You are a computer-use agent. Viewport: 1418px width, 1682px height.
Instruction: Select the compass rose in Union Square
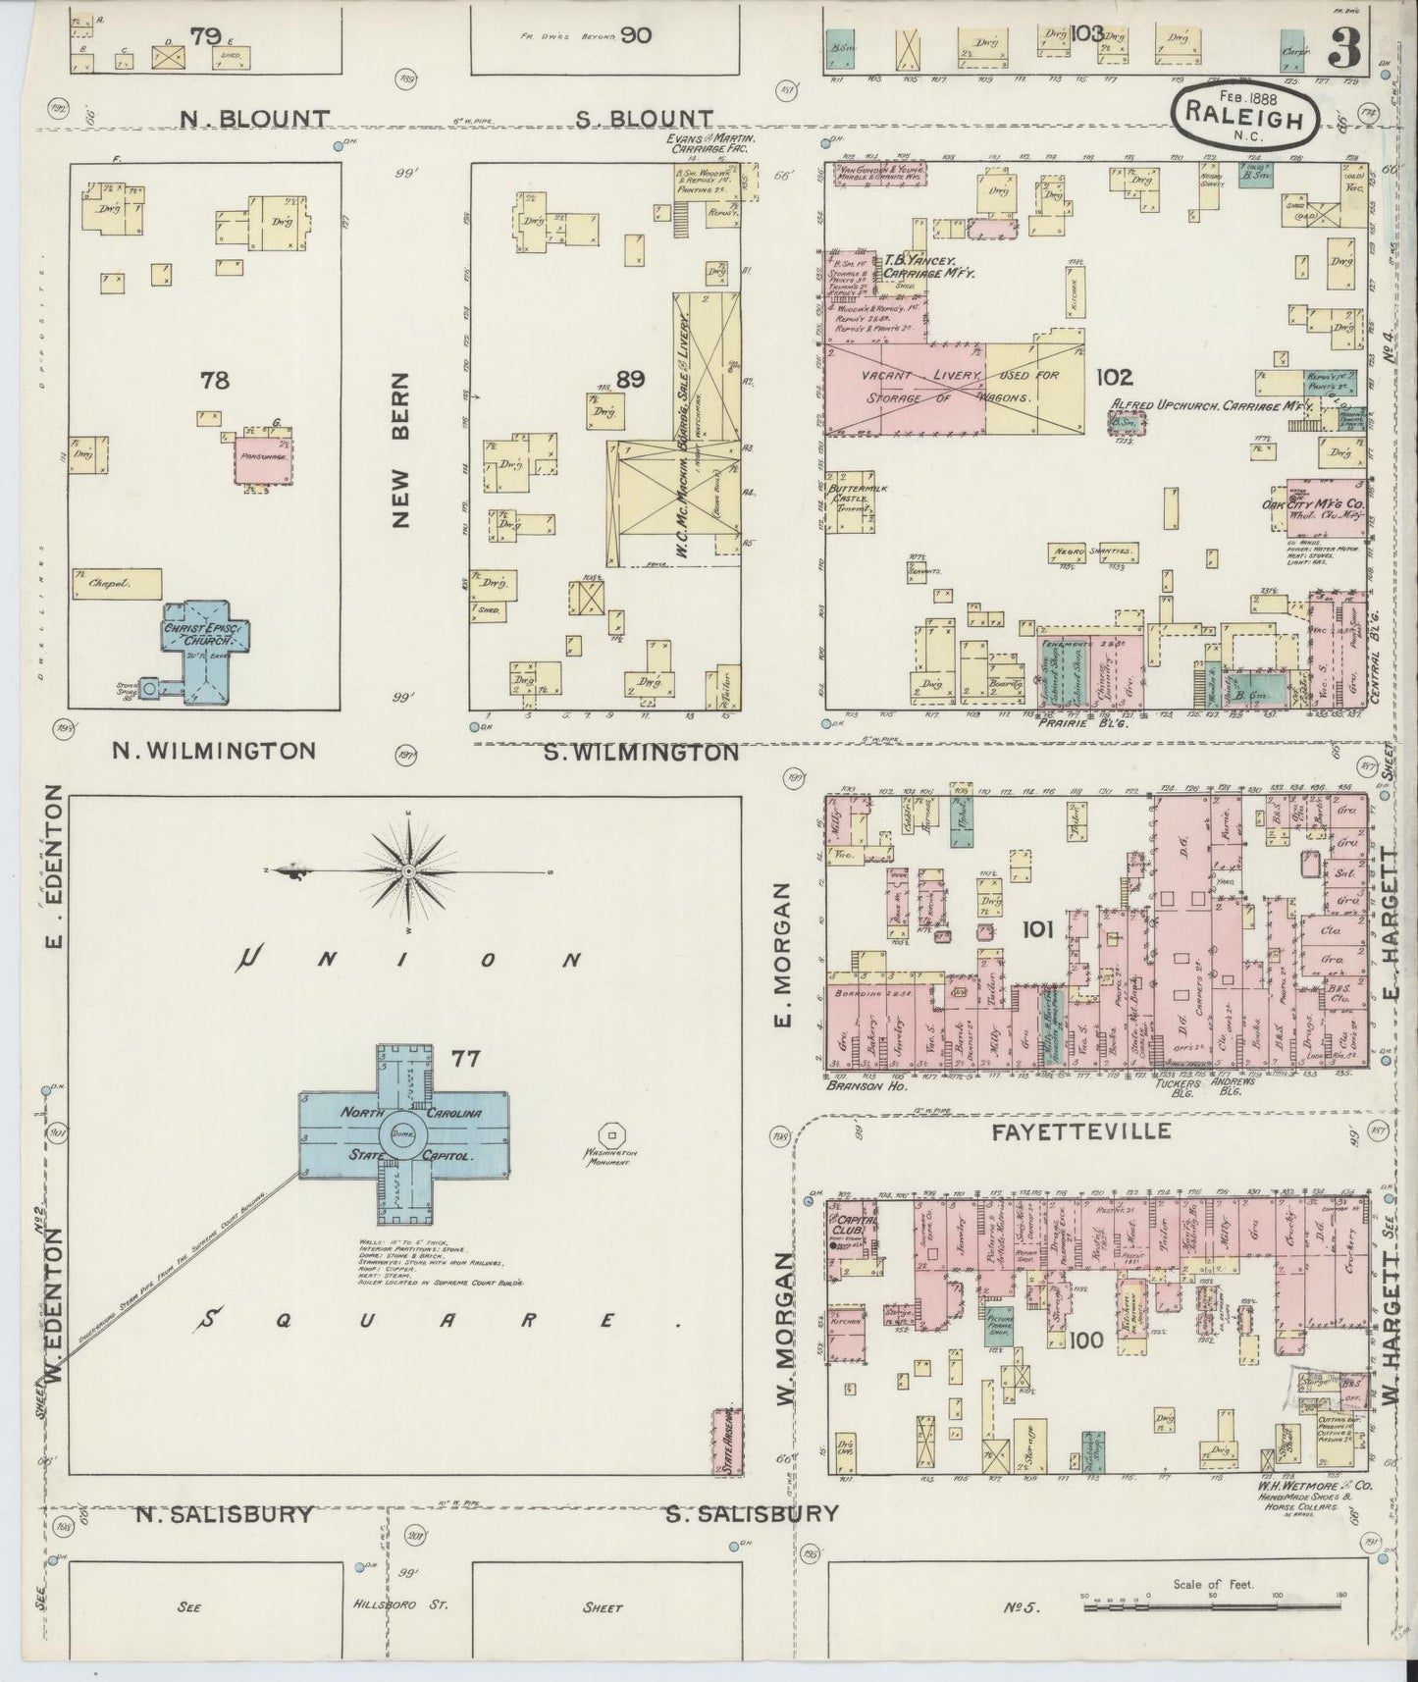(408, 870)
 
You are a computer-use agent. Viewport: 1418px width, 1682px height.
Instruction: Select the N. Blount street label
(254, 119)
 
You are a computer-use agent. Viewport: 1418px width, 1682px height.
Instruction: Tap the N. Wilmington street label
(213, 751)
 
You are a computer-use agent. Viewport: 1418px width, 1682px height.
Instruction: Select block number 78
(214, 379)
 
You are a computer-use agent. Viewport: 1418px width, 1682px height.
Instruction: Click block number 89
(630, 378)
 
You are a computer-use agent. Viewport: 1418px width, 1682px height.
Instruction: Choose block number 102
(1115, 377)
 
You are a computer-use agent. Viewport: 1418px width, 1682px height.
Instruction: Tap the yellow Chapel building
(116, 583)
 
